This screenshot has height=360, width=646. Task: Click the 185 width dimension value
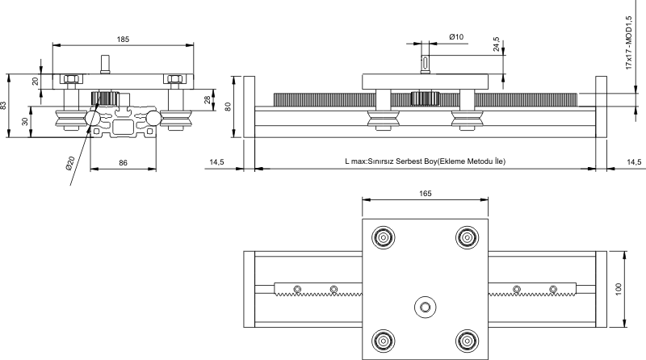pyautogui.click(x=123, y=38)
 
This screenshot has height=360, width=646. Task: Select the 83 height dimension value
pyautogui.click(x=5, y=106)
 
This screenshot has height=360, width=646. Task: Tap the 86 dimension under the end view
pyautogui.click(x=123, y=163)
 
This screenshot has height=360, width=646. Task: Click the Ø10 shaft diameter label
pyautogui.click(x=455, y=37)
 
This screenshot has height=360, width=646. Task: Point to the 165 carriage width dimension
pyautogui.click(x=426, y=193)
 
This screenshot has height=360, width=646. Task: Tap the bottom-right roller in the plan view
pyautogui.click(x=466, y=341)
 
